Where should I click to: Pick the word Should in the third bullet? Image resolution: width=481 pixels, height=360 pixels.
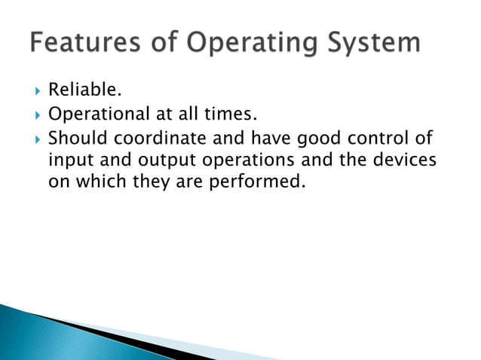[x=75, y=138]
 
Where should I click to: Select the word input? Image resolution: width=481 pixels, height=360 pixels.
[x=67, y=161]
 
